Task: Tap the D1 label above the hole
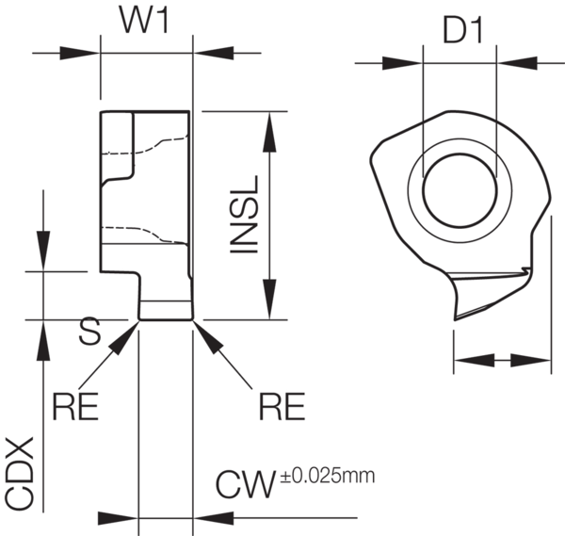(462, 32)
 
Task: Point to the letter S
(89, 331)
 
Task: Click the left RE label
(75, 406)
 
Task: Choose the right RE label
(282, 406)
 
